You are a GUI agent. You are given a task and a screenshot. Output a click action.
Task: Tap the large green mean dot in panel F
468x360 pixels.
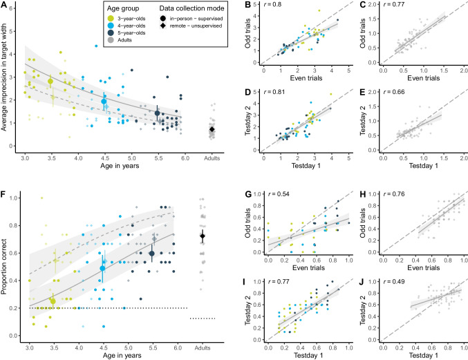tap(53, 301)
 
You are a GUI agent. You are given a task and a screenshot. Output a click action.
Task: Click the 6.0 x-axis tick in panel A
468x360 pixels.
tap(185, 160)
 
